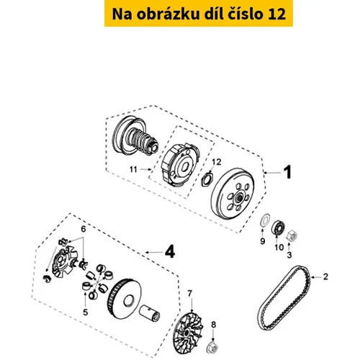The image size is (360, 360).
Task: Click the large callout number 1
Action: click(287, 172)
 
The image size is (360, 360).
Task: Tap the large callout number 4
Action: click(170, 252)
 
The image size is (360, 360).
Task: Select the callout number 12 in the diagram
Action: click(216, 162)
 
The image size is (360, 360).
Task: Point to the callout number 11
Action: click(133, 169)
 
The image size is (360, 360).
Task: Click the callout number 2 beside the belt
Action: click(325, 276)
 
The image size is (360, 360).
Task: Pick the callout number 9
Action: click(263, 241)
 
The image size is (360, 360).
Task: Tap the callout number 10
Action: click(279, 247)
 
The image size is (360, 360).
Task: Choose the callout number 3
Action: click(289, 255)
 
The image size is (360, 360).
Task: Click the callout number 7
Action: click(190, 293)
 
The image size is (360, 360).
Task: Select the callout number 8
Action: click(213, 325)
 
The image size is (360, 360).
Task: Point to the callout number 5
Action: click(86, 312)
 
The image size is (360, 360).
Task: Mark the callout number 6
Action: click(84, 229)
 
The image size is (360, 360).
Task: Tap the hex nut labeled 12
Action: click(206, 179)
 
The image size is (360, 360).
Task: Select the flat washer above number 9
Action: click(265, 219)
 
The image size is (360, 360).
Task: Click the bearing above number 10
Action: click(278, 227)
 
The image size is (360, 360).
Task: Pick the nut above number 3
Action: click(292, 235)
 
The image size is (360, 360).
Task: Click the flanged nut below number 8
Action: click(212, 347)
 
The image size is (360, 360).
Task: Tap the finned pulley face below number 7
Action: click(188, 333)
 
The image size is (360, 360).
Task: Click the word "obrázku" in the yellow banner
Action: click(168, 14)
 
